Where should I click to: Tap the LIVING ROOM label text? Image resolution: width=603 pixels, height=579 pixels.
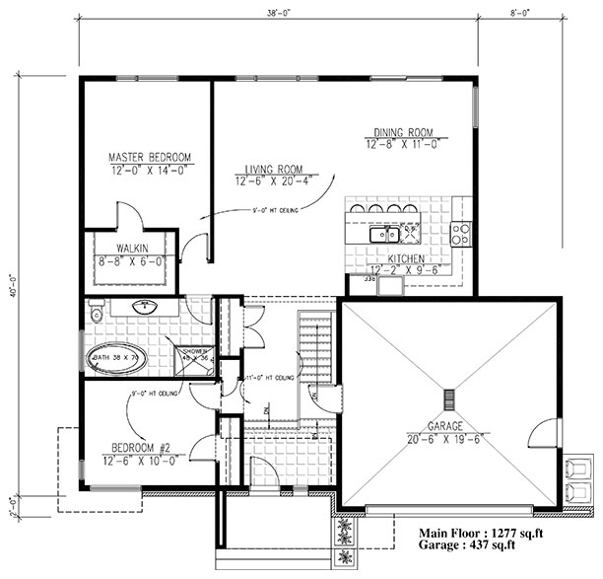(x=269, y=170)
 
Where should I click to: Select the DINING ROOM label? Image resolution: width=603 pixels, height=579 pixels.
(x=403, y=133)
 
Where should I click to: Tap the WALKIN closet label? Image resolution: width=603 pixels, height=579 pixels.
(x=131, y=249)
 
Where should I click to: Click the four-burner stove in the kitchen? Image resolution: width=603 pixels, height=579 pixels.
(x=460, y=234)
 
